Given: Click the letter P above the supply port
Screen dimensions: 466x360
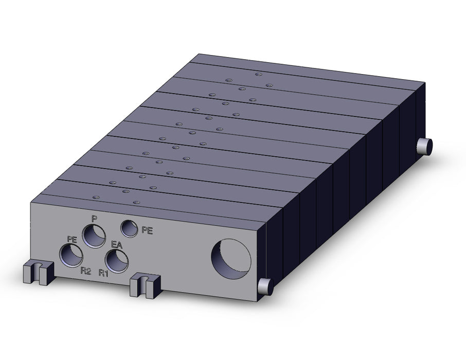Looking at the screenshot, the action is [x=94, y=220].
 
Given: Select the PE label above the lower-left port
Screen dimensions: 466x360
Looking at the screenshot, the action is [x=72, y=239].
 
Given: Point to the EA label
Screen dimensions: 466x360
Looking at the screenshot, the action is [x=116, y=245].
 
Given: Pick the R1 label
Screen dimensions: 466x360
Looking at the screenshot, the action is [x=103, y=273].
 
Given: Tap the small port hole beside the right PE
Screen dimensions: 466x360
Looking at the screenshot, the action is [x=129, y=228].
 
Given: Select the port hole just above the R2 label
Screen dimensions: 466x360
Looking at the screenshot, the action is [x=71, y=255].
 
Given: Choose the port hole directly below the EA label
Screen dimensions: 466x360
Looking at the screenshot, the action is [x=117, y=261].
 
